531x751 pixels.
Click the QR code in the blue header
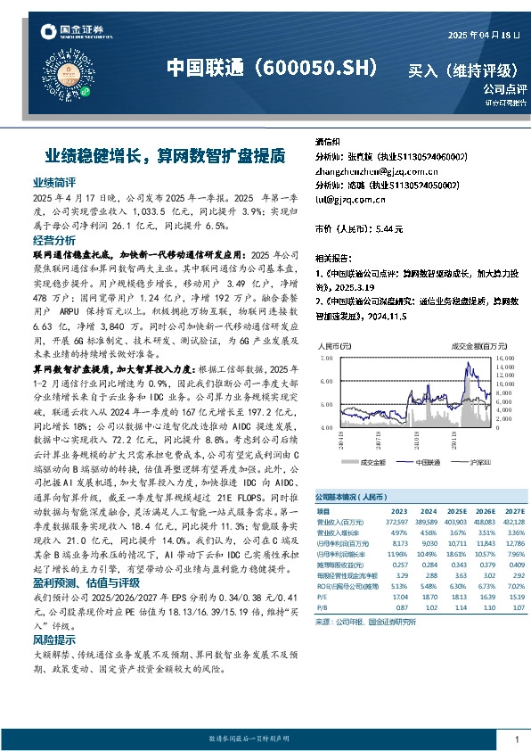coord(87,85)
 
